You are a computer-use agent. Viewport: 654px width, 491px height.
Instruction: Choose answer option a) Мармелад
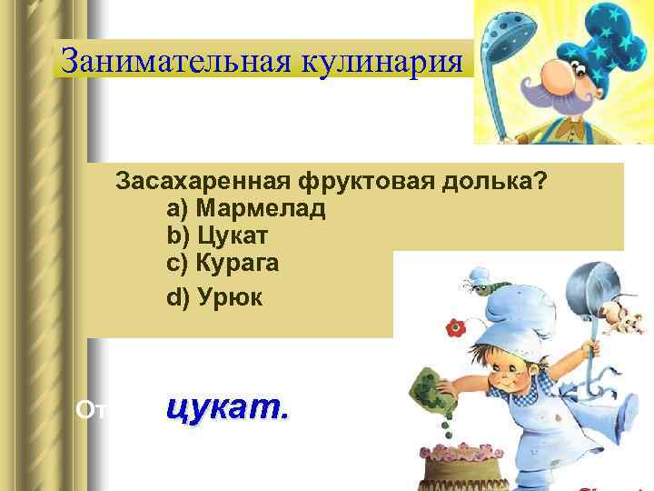(246, 208)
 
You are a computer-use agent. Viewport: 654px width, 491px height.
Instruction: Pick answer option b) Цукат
(217, 235)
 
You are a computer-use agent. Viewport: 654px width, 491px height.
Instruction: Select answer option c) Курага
(223, 263)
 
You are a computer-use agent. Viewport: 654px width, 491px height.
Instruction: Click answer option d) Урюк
(214, 296)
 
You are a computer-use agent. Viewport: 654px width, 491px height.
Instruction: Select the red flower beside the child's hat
(451, 327)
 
